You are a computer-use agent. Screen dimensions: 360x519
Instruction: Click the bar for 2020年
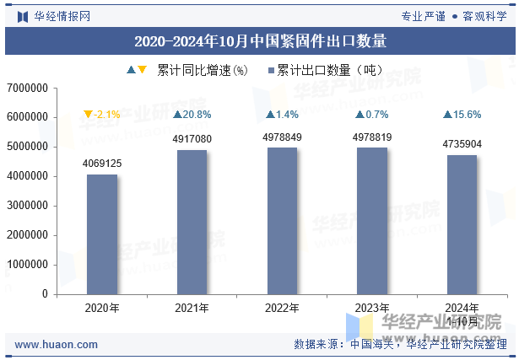click(x=101, y=234)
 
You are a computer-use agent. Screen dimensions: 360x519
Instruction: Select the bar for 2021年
click(x=192, y=222)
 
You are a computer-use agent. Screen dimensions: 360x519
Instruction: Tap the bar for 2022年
click(x=282, y=221)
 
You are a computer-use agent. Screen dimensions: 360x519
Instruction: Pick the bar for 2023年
click(x=371, y=221)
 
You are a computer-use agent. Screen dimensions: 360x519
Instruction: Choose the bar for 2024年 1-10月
click(x=462, y=224)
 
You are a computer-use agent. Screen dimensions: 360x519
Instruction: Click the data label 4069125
click(x=101, y=164)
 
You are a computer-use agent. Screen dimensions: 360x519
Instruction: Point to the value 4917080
click(x=192, y=139)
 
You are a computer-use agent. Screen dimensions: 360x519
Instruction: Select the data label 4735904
click(x=462, y=144)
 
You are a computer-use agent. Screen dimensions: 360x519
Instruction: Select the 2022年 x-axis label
click(x=282, y=308)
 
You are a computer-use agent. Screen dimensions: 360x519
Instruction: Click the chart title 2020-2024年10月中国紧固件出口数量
click(x=259, y=40)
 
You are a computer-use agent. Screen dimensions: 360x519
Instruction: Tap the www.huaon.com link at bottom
click(x=57, y=345)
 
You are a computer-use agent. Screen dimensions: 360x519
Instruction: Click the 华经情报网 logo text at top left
click(x=62, y=16)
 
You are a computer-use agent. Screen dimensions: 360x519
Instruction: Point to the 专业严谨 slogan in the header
click(x=423, y=16)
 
